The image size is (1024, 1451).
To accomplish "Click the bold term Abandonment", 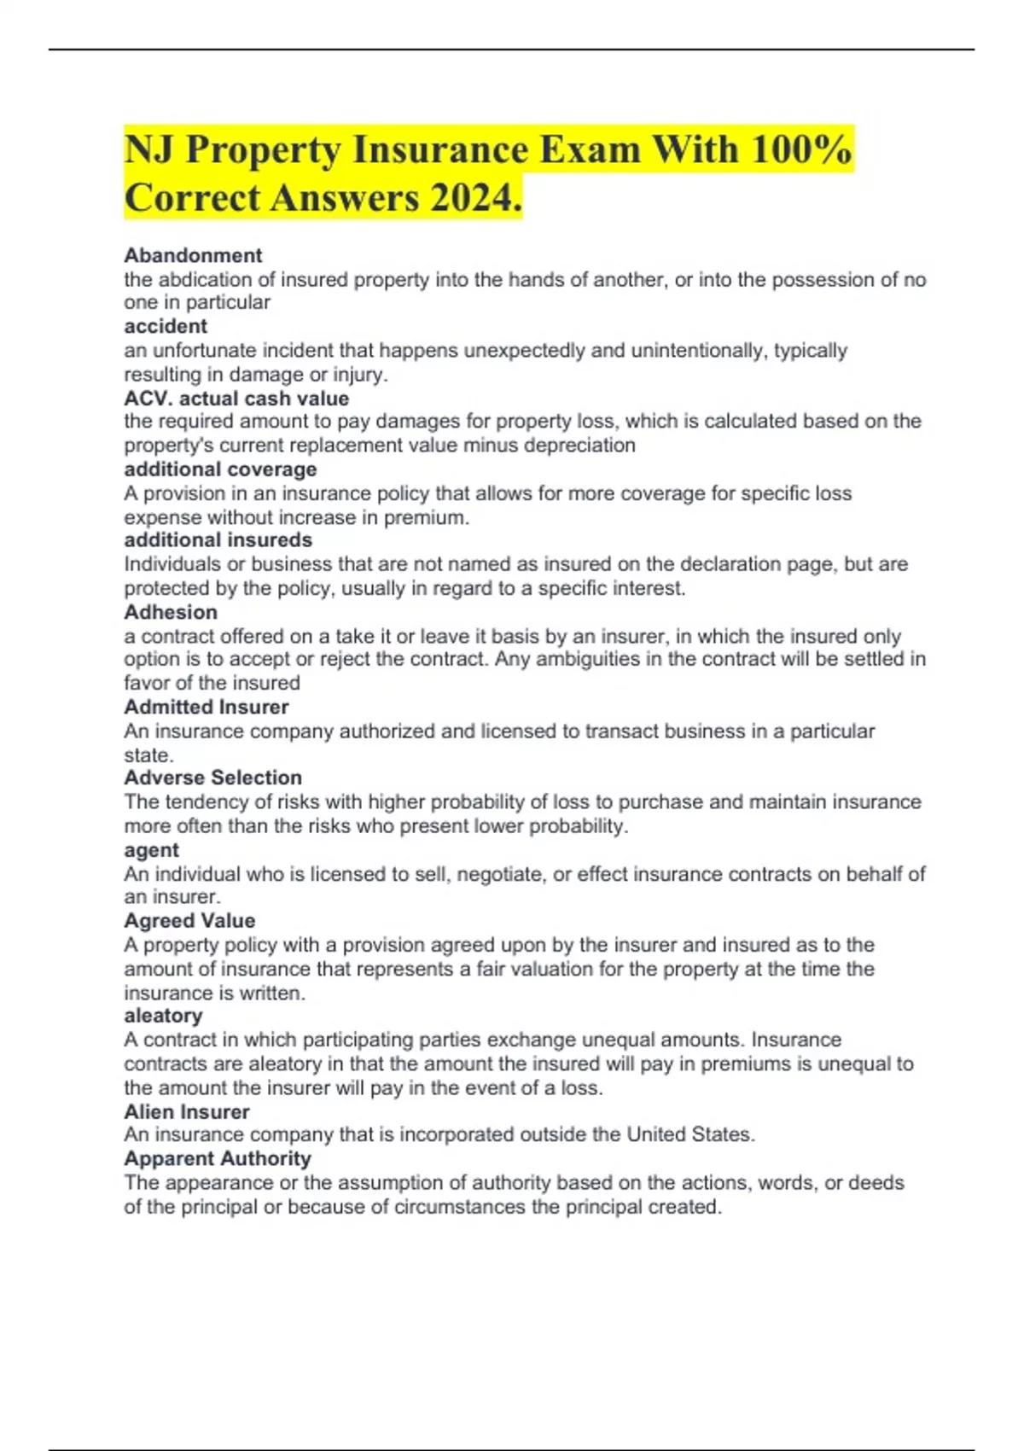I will [x=193, y=255].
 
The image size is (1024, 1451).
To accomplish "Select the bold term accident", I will [x=166, y=326].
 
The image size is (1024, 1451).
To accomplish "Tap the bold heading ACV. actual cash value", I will [x=236, y=398].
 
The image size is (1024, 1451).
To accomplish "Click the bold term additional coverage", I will [x=220, y=469].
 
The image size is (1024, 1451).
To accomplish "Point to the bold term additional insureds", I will [x=218, y=540].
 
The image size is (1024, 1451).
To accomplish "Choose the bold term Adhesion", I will [x=171, y=612].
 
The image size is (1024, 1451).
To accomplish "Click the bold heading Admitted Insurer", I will [x=206, y=707].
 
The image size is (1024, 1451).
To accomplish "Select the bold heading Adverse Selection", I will [x=212, y=778].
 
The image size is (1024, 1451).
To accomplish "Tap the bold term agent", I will [x=151, y=850].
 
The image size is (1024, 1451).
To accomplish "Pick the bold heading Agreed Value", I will [x=189, y=921].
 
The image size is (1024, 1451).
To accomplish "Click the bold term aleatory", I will [x=163, y=1016].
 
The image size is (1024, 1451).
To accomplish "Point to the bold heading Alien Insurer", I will [x=186, y=1112].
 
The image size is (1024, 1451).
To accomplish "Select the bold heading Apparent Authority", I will [x=217, y=1158].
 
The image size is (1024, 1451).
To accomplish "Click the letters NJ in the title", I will [x=149, y=150].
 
